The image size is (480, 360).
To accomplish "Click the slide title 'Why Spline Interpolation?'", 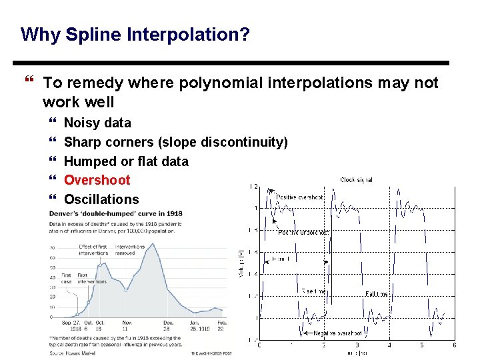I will pos(135,34).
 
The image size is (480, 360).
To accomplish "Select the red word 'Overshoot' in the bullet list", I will pos(97,180).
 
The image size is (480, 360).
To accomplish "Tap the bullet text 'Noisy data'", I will pos(97,123).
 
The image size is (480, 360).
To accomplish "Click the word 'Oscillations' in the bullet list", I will pos(101,199).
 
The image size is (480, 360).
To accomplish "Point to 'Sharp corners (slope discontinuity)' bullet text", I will pos(175,142).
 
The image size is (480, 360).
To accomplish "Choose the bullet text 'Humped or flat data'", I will pos(126,161).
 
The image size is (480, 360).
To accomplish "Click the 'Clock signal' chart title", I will pos(356,180).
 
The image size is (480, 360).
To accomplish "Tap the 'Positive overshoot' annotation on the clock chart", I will pos(300,197).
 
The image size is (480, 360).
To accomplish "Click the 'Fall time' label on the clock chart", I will pos(377,293).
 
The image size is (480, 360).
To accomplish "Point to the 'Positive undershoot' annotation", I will pos(303,232).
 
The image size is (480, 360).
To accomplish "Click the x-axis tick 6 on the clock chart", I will pos(454,345).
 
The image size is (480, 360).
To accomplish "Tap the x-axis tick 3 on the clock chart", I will pos(357,345).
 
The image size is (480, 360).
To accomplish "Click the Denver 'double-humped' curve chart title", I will pos(115,213).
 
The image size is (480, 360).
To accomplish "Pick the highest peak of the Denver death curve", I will pos(153,244).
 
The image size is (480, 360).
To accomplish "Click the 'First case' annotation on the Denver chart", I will pos(66,278).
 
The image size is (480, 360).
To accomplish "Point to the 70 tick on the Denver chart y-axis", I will pos(53,247).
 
